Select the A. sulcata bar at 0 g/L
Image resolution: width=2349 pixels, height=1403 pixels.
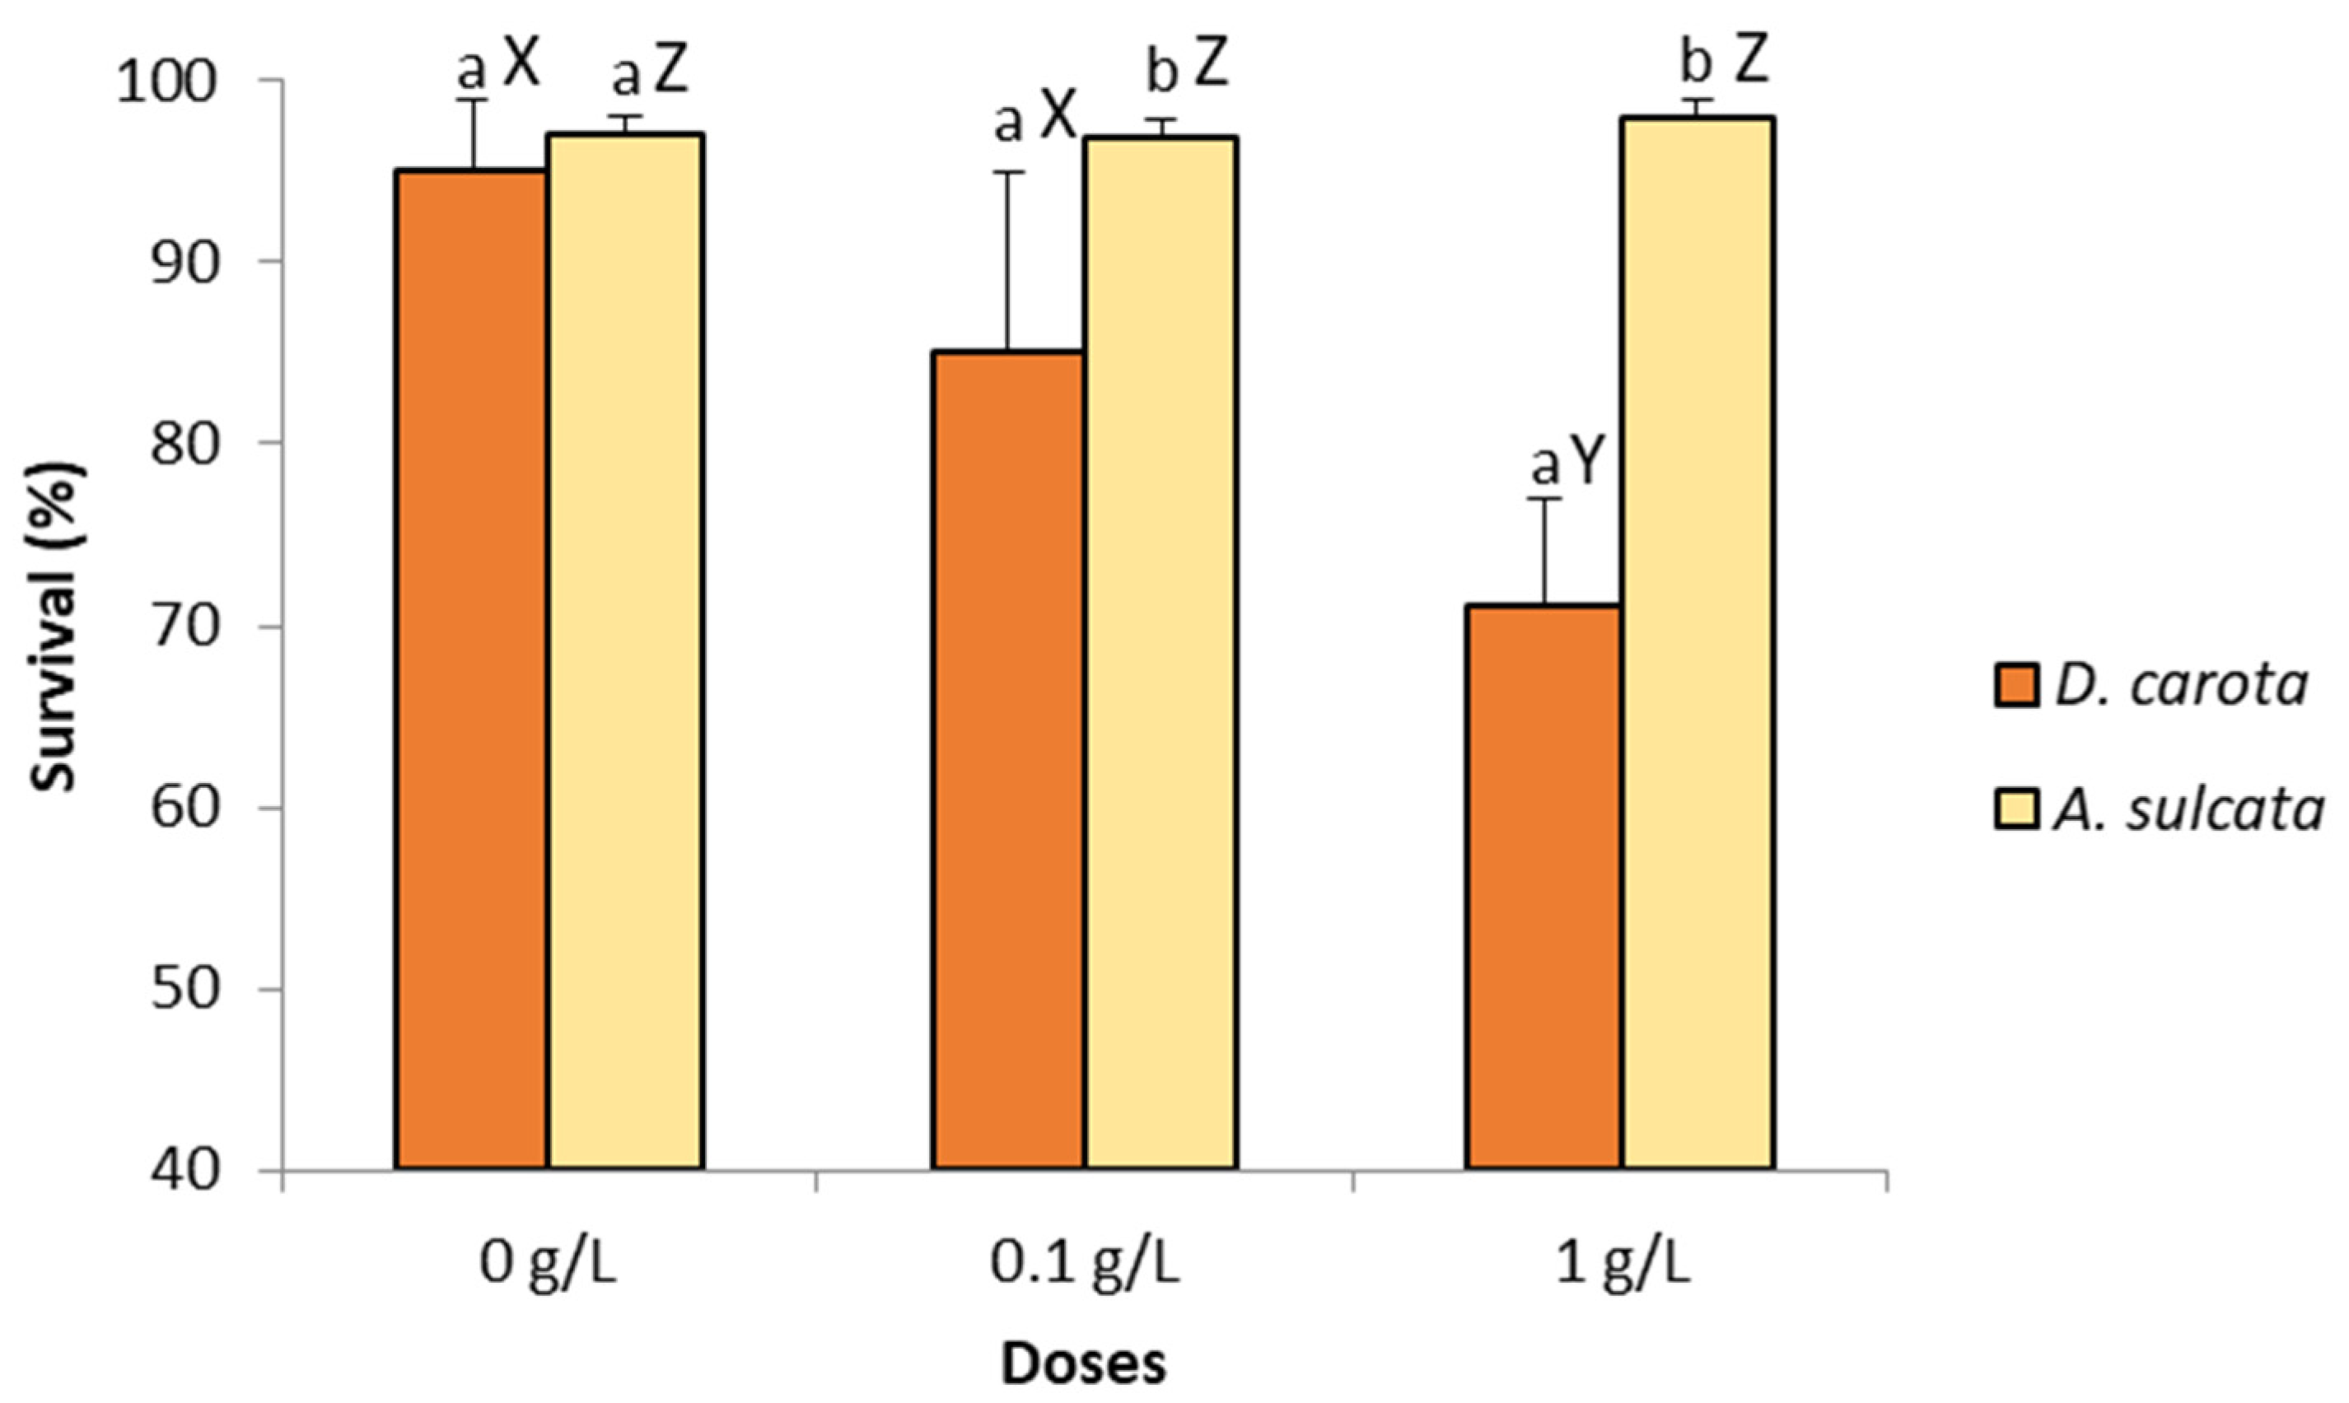point(625,651)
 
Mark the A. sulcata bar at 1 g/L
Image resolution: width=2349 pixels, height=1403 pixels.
point(1698,643)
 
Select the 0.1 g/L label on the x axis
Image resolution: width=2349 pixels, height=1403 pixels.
point(1085,1265)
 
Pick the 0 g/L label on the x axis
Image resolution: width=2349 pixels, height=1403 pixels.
point(549,1265)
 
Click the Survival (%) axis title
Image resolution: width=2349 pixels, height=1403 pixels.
point(57,627)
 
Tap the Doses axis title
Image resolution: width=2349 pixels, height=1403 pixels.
point(1084,1364)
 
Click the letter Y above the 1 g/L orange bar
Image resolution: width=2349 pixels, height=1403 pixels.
point(1590,464)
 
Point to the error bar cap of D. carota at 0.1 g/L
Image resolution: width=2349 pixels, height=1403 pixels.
point(1008,172)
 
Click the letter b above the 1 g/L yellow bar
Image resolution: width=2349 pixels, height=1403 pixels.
point(1696,64)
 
